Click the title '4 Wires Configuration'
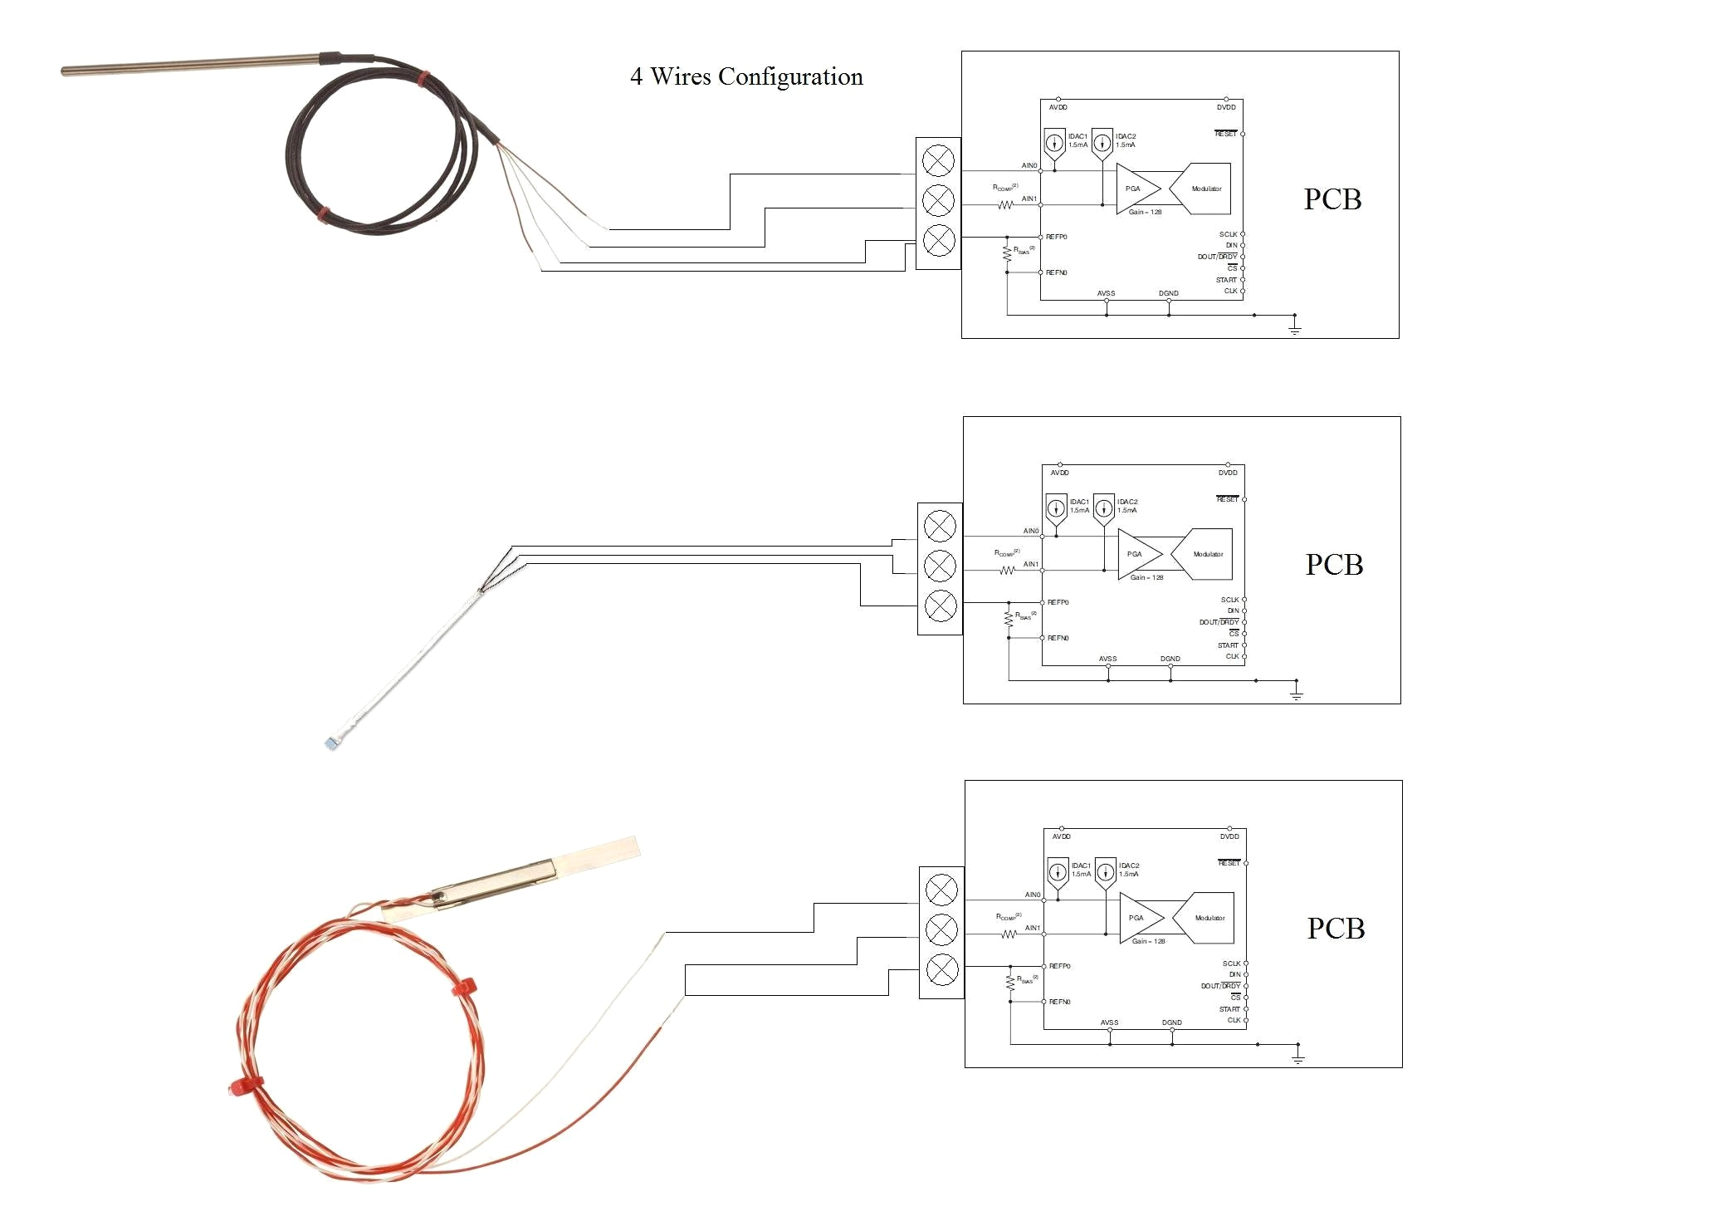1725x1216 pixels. pos(746,76)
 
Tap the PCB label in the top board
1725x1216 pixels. pos(1332,199)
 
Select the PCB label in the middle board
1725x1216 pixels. pos(1334,565)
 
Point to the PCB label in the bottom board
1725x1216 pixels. pos(1336,929)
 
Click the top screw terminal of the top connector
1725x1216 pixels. pos(938,160)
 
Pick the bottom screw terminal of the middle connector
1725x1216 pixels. pos(940,606)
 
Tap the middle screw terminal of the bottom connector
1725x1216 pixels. pos(941,929)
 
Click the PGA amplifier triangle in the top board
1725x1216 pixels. pos(1136,189)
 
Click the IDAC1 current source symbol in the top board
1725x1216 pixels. pos(1054,143)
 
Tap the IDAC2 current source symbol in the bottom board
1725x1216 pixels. pos(1106,872)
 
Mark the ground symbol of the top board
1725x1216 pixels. pos(1294,329)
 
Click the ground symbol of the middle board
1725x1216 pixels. pos(1296,694)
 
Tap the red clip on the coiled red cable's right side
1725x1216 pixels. pos(463,988)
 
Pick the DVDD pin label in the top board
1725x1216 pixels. pos(1226,107)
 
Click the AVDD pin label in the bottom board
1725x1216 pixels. pos(1061,836)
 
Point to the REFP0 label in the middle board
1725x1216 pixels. pos(1058,602)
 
